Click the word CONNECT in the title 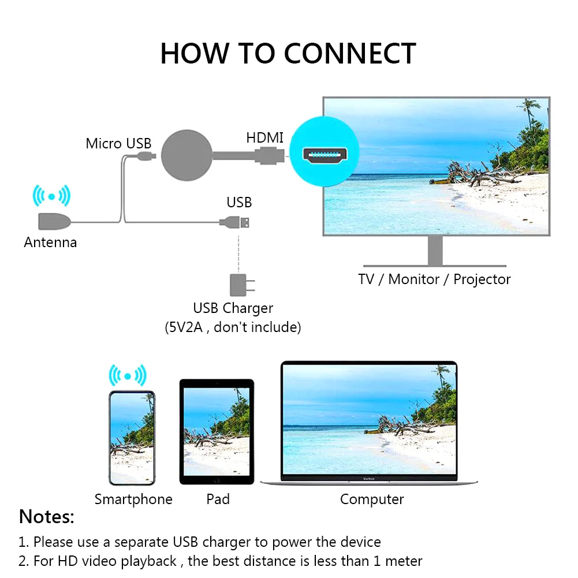pos(350,54)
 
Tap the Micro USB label pos(118,143)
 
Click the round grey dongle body pos(187,155)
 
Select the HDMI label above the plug pos(265,137)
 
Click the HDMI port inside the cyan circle pos(326,155)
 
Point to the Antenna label pos(50,242)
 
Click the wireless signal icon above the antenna pos(51,196)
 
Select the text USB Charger pos(233,308)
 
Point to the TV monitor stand pos(436,251)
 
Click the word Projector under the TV pos(482,279)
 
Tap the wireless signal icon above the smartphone pos(128,376)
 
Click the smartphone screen pos(132,437)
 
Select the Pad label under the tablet pos(218,499)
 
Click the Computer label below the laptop pos(372,499)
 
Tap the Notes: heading pos(47,516)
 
